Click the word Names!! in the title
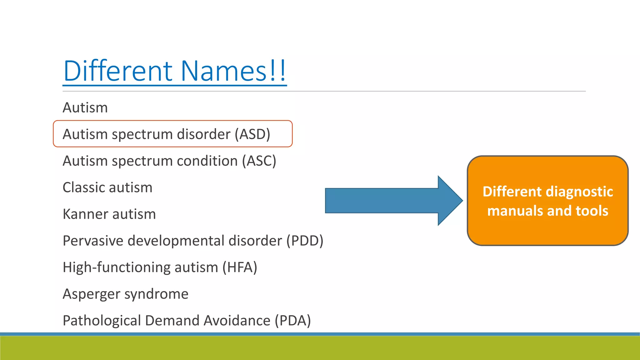pyautogui.click(x=233, y=71)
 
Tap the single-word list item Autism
pyautogui.click(x=85, y=108)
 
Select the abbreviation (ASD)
pyautogui.click(x=252, y=134)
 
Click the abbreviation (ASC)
pyautogui.click(x=259, y=161)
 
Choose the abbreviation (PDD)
pyautogui.click(x=305, y=241)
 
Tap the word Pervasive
pyautogui.click(x=93, y=241)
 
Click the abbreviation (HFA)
pyautogui.click(x=240, y=267)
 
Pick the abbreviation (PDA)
pyautogui.click(x=293, y=321)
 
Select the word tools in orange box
pyautogui.click(x=592, y=211)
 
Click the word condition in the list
pyautogui.click(x=207, y=161)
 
